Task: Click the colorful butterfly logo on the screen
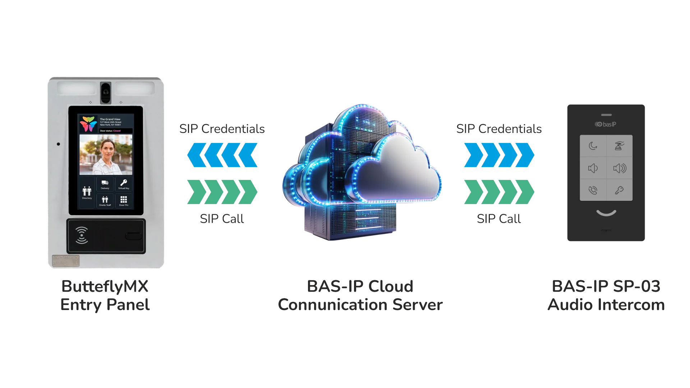point(88,124)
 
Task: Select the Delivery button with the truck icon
point(105,184)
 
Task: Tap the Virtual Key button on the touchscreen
point(124,184)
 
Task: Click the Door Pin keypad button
point(124,200)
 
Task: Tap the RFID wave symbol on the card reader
point(82,235)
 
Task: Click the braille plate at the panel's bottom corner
point(66,261)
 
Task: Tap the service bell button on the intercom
point(619,146)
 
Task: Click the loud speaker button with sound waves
point(619,168)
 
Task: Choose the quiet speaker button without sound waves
point(593,168)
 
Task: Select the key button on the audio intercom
point(619,190)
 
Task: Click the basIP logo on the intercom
point(606,124)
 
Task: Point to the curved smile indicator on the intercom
point(606,213)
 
